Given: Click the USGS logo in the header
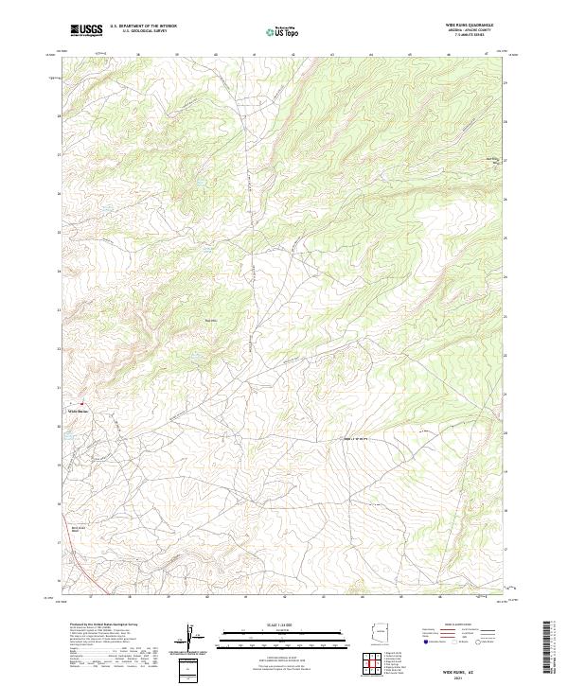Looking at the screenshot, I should pos(87,30).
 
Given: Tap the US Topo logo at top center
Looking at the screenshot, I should pos(283,31).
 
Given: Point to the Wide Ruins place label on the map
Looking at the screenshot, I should pos(78,411).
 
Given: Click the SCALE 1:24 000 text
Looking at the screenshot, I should pos(285,624).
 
